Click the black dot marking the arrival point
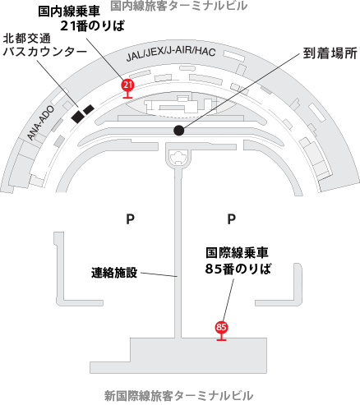[x=179, y=131]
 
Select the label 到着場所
[x=330, y=53]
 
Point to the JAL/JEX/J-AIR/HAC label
[x=171, y=54]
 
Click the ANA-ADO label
[x=41, y=123]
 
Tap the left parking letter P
[x=130, y=219]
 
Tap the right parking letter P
[x=232, y=219]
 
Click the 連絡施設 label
[x=114, y=273]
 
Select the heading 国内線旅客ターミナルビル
[x=179, y=6]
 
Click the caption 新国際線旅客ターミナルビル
[x=178, y=396]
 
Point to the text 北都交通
[x=27, y=39]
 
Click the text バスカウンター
[x=44, y=52]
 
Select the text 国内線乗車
[x=69, y=12]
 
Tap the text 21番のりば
[x=92, y=26]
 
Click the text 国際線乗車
[x=237, y=253]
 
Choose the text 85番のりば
[x=238, y=269]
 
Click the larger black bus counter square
[x=77, y=117]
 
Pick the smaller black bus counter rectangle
[x=89, y=109]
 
